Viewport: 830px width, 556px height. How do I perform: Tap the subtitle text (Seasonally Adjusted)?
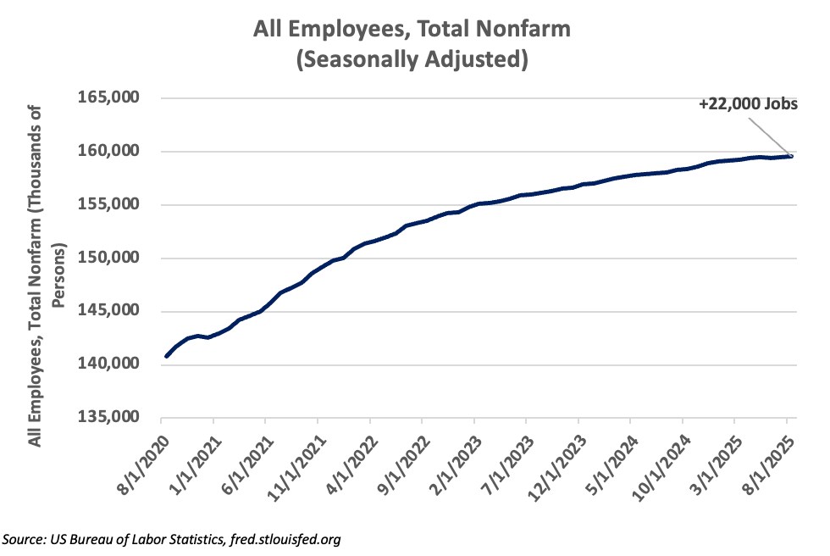413,60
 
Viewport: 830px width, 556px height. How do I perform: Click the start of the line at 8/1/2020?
166,356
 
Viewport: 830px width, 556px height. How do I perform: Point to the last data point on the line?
790,156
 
